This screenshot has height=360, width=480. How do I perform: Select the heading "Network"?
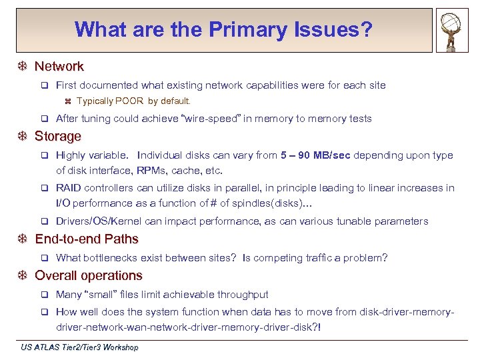[x=59, y=66]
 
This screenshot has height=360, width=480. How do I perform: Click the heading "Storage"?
[x=57, y=136]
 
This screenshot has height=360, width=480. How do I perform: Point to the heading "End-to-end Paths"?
[x=87, y=239]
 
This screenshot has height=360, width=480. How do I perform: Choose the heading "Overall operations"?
[x=89, y=275]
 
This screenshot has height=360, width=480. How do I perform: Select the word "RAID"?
[x=69, y=188]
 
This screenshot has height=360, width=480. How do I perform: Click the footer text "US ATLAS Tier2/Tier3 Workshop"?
[x=79, y=347]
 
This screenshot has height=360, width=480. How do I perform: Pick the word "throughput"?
[x=244, y=295]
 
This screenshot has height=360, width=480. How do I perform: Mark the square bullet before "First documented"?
[x=45, y=85]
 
